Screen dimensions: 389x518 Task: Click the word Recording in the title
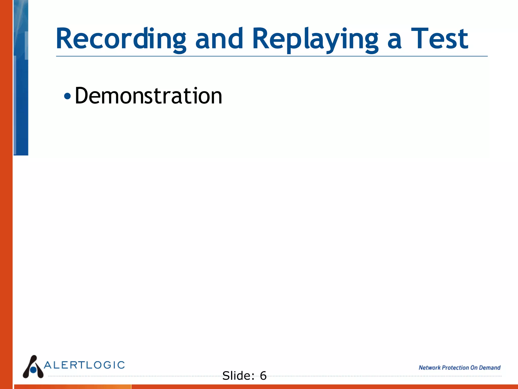point(121,39)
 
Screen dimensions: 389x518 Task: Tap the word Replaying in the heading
point(315,39)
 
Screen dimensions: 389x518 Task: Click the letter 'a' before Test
point(394,41)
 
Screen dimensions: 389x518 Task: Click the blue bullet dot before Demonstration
point(67,96)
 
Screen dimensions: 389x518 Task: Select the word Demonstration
point(148,96)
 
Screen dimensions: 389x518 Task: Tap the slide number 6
point(263,376)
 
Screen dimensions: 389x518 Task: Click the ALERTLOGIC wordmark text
point(84,365)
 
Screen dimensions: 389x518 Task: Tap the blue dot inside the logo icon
point(33,370)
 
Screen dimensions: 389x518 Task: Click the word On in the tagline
point(474,367)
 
